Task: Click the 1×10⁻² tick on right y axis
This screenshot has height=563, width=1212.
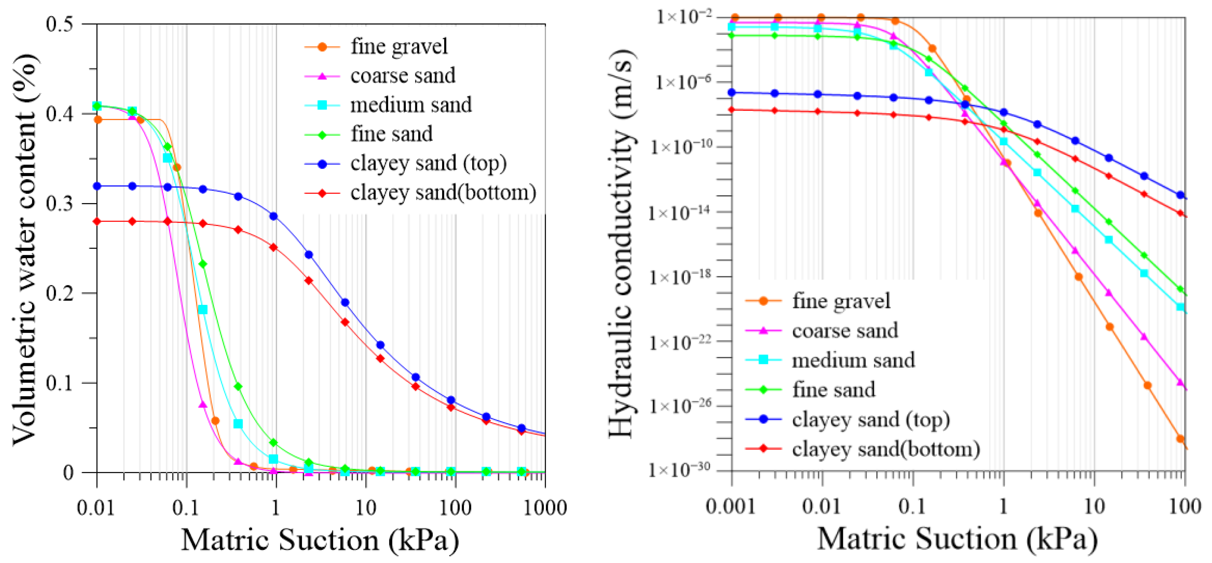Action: coord(685,17)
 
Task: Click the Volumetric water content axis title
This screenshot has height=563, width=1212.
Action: coord(25,249)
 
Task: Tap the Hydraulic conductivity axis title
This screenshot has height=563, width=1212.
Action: coord(622,245)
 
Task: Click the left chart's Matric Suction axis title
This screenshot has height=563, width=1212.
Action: coord(320,540)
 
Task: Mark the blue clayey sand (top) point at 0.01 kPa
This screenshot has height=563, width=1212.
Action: coord(97,186)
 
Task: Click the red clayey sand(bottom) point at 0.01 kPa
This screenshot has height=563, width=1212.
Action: coord(97,221)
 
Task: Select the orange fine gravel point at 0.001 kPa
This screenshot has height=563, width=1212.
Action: coord(735,18)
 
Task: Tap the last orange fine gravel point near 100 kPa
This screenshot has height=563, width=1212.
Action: coord(1180,439)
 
